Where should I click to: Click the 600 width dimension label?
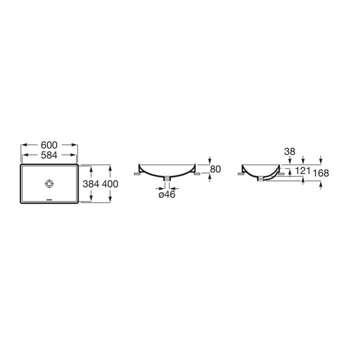click(49, 145)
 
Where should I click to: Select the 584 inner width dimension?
click(49, 155)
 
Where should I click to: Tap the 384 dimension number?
click(91, 184)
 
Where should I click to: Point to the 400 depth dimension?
click(110, 184)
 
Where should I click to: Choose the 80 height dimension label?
click(215, 169)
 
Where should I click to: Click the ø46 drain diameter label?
click(167, 194)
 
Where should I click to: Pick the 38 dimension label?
click(289, 151)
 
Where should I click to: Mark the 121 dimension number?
click(302, 171)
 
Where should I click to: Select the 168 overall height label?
click(321, 173)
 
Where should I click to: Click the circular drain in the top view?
click(49, 183)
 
